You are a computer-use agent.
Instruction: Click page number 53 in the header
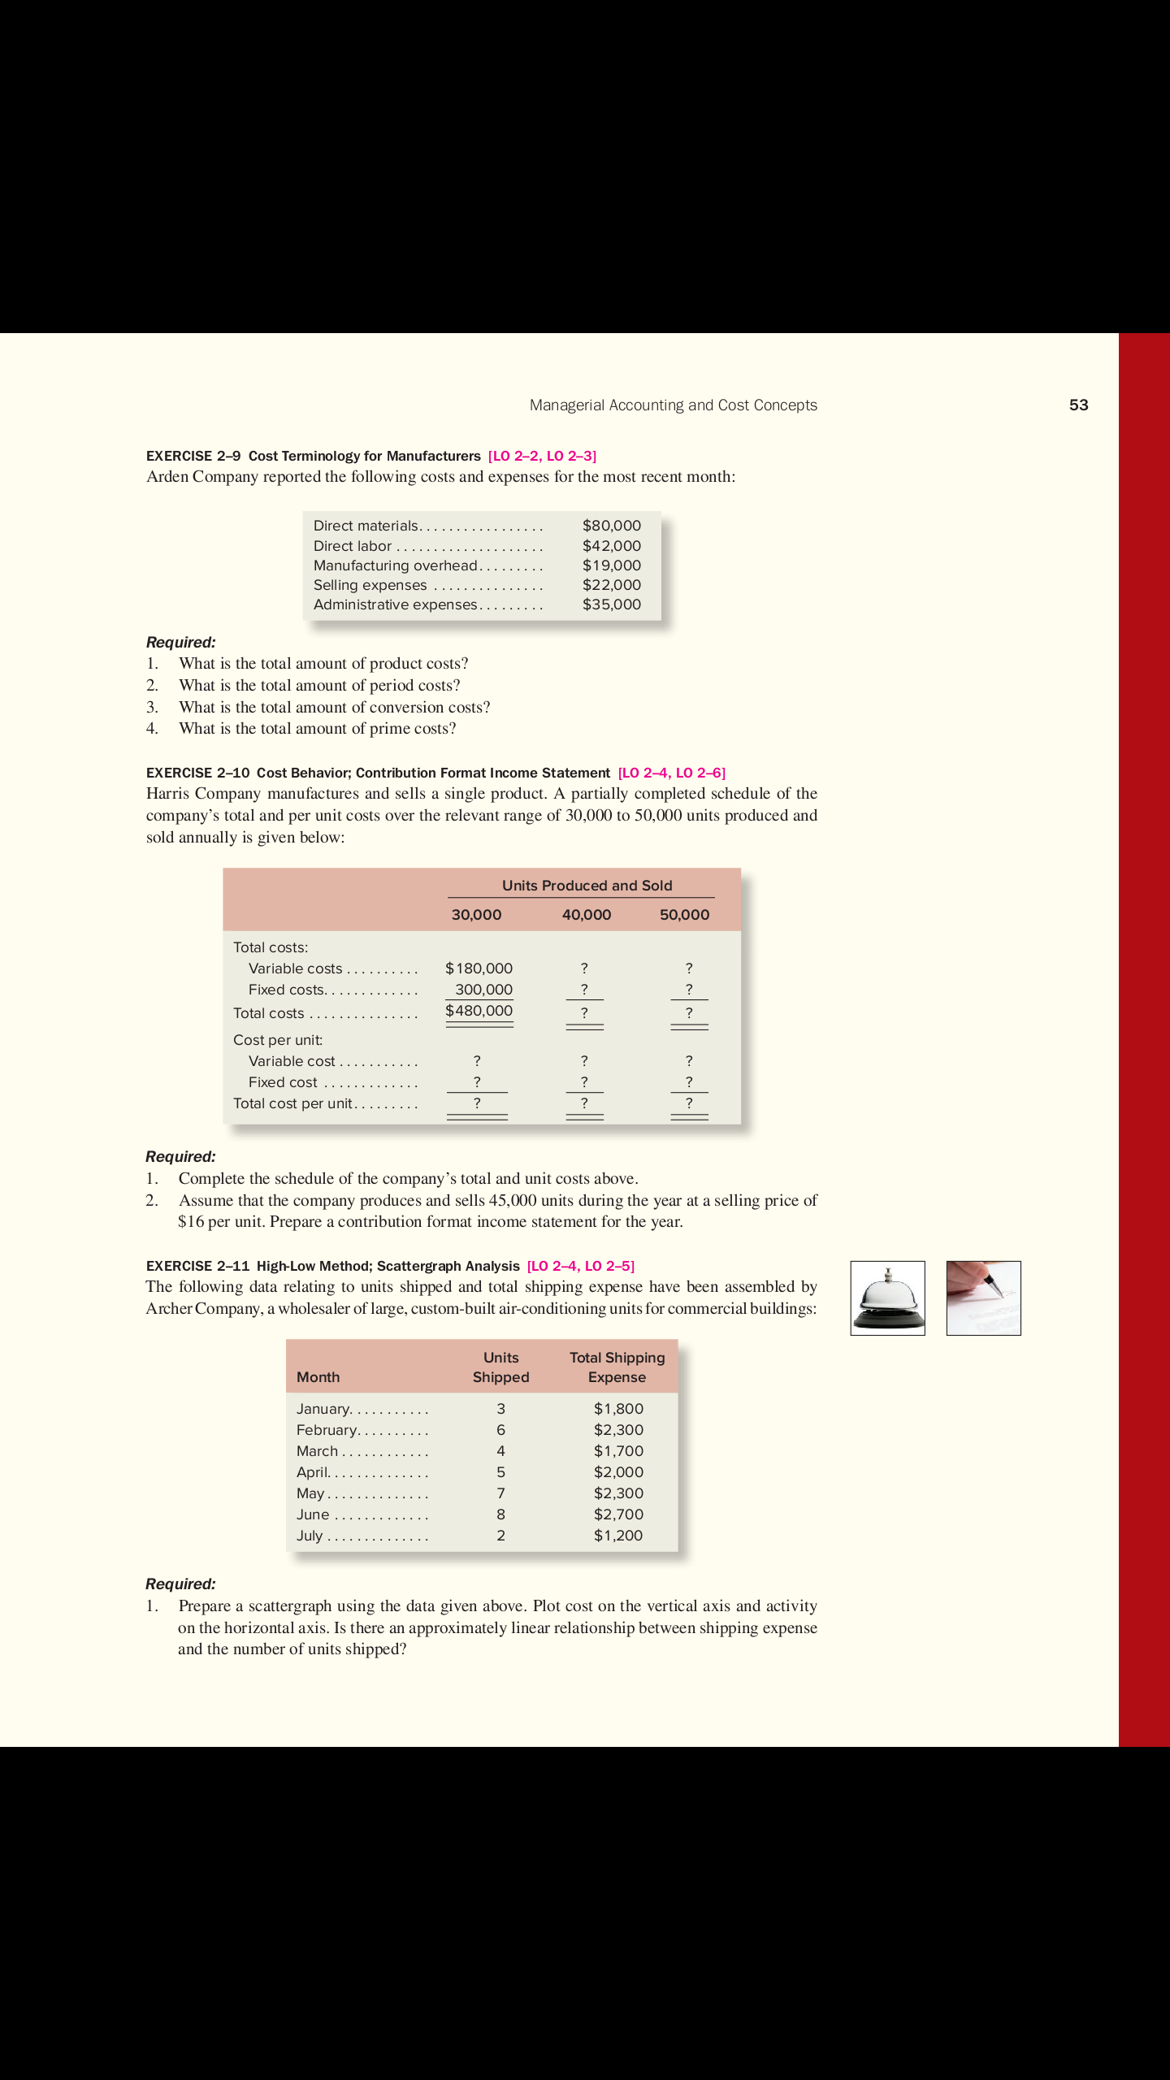1078,405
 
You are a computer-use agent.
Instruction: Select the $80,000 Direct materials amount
611,526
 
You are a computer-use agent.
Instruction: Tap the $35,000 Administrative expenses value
611,604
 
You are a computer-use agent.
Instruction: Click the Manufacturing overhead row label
395,565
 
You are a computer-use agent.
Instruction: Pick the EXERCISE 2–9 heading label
193,456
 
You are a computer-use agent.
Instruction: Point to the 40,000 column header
586,915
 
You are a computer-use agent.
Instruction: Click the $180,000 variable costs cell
479,968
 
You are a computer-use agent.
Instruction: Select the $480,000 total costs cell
479,1011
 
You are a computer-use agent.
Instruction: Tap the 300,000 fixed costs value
483,990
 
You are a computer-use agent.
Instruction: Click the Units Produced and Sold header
587,886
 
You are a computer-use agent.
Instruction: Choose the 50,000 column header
684,915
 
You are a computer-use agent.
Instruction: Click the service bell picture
887,1298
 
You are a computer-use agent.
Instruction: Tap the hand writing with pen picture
983,1298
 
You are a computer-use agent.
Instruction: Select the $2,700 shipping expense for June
618,1514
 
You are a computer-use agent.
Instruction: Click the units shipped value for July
500,1536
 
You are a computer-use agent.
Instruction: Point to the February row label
327,1430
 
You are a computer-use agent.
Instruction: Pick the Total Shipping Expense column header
617,1367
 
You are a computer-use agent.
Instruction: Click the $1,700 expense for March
618,1451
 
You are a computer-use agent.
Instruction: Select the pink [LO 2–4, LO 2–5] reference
580,1266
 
